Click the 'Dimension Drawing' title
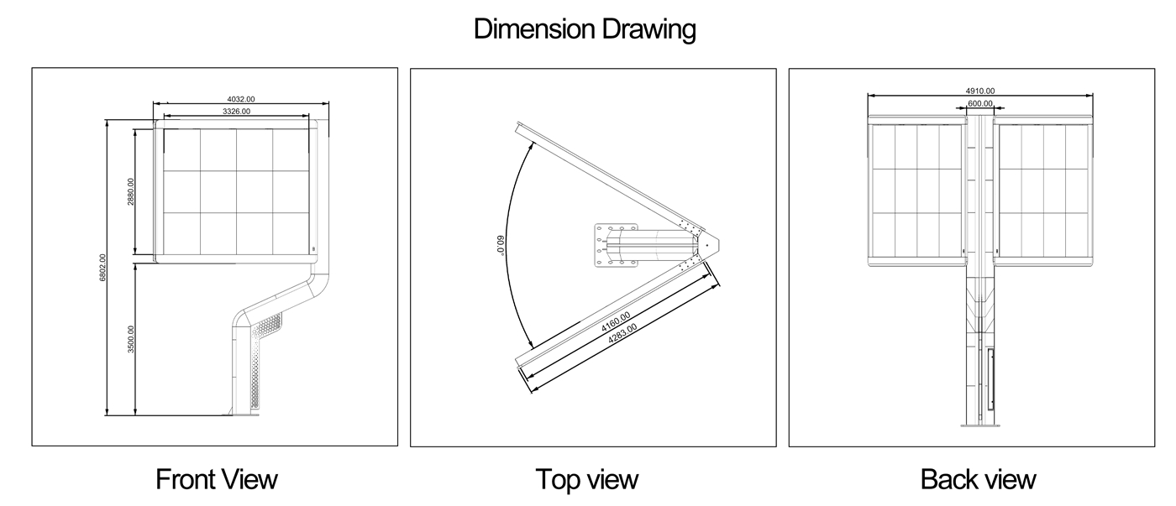(585, 29)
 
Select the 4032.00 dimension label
(241, 99)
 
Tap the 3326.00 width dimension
(236, 111)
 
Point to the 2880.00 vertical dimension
(131, 191)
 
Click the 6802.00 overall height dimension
(102, 268)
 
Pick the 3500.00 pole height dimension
(131, 339)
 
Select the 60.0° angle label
(500, 245)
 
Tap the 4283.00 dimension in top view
(622, 333)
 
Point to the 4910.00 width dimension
(980, 91)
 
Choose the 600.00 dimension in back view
(980, 103)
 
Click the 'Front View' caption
(217, 479)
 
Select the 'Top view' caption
(587, 479)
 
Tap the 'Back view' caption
(978, 479)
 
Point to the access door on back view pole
(990, 378)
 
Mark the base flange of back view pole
(980, 425)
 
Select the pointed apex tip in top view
(719, 245)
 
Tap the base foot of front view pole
(241, 415)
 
